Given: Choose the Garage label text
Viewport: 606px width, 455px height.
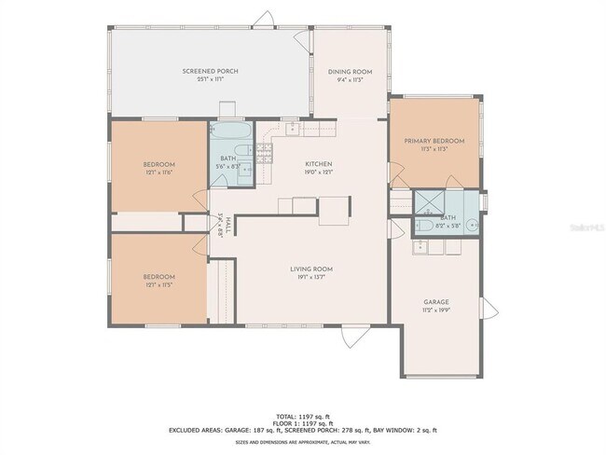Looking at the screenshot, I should [x=436, y=302].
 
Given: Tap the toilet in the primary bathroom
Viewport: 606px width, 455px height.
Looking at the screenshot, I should [x=422, y=225].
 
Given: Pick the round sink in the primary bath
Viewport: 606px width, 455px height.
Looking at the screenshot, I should [x=472, y=224].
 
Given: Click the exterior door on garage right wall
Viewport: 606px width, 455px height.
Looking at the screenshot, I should [x=486, y=309].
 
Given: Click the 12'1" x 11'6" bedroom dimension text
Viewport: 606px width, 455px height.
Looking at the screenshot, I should [x=159, y=172].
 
